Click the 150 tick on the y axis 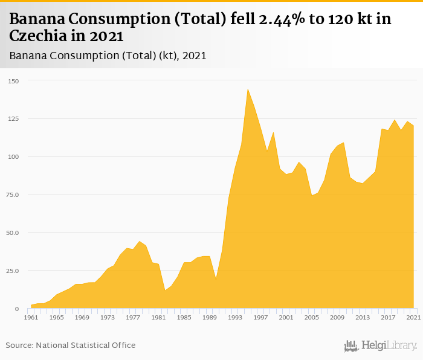tap(13, 81)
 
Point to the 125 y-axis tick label tap(13, 119)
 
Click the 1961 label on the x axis tap(31, 317)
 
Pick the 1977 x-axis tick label tap(133, 317)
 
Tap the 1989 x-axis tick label tap(210, 317)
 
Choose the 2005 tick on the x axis tap(311, 317)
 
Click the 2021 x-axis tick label tap(413, 317)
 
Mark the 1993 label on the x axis tap(235, 317)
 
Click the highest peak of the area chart tap(248, 89)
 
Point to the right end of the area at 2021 tap(413, 126)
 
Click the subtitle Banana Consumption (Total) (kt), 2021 tap(108, 56)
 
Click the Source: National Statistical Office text tap(71, 345)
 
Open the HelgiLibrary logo tap(380, 346)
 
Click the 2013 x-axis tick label tap(362, 317)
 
